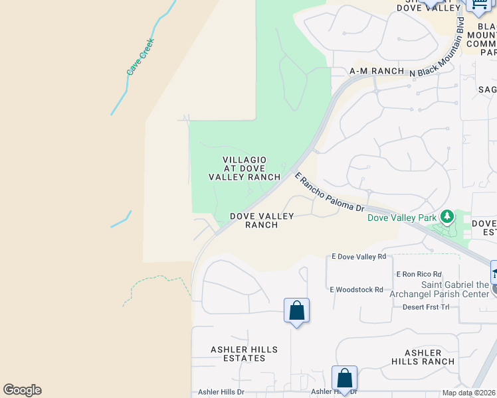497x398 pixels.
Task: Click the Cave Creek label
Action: (x=140, y=56)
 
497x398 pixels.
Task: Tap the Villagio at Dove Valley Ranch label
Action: (x=245, y=168)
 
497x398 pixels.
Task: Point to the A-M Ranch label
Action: (x=377, y=71)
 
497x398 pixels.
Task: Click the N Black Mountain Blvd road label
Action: (x=439, y=48)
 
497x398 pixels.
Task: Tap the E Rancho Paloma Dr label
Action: (x=330, y=194)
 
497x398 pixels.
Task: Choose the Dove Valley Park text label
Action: (x=402, y=218)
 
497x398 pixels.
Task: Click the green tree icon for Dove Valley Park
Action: (x=448, y=216)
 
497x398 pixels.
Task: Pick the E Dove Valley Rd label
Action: (x=359, y=257)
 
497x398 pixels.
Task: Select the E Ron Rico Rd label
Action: (x=419, y=274)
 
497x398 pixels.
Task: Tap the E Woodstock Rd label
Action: (x=356, y=289)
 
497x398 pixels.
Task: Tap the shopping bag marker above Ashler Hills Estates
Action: (x=296, y=311)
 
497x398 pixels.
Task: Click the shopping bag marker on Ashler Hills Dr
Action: (x=344, y=379)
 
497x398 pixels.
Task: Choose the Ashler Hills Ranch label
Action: (x=423, y=357)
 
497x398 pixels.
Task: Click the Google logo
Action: (x=22, y=390)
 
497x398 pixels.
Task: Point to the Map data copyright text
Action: (x=469, y=393)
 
